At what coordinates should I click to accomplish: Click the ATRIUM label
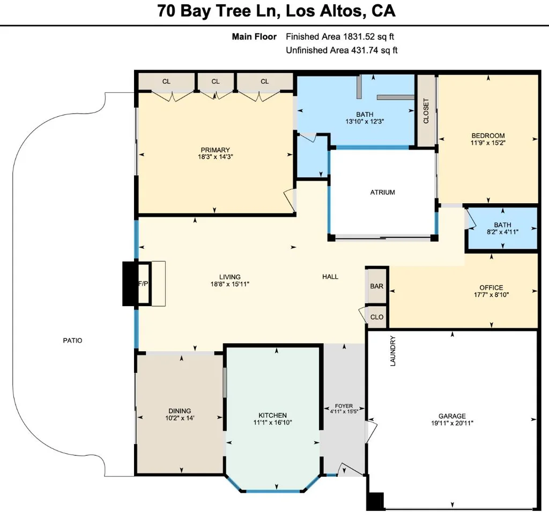[382, 192]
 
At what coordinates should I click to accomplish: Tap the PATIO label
[72, 340]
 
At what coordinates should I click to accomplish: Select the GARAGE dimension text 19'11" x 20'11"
[452, 423]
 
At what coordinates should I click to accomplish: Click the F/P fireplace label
[143, 284]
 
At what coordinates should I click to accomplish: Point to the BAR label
[377, 286]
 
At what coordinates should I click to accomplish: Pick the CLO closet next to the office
[377, 317]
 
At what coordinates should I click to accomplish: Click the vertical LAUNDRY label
[392, 351]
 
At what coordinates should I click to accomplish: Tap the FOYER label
[344, 406]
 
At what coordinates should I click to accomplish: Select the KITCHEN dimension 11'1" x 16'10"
[273, 422]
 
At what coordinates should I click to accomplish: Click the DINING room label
[180, 411]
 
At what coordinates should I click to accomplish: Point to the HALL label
[330, 277]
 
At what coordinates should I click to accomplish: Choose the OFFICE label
[491, 288]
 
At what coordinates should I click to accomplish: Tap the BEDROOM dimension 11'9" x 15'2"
[488, 143]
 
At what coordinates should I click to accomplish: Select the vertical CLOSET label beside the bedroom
[426, 110]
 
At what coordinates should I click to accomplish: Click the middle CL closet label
[216, 81]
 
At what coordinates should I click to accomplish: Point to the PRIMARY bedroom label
[216, 150]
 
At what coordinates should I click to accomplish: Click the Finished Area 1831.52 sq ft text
[340, 37]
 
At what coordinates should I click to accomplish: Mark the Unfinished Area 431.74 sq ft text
[342, 50]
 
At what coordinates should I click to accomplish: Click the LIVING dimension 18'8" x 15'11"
[229, 284]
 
